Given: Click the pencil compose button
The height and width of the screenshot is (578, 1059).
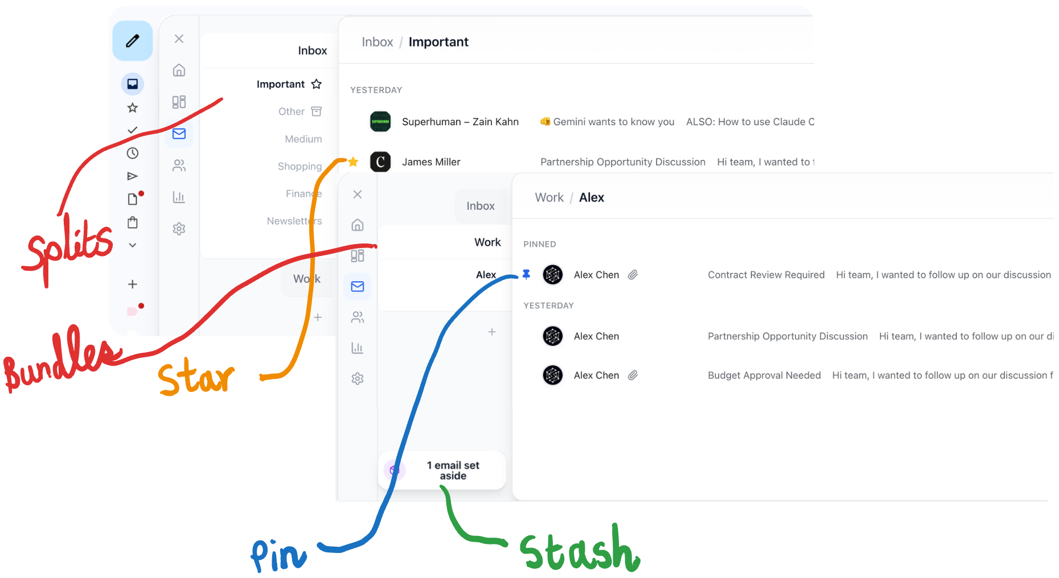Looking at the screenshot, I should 133,41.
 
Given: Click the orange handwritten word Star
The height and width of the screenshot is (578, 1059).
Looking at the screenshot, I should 195,378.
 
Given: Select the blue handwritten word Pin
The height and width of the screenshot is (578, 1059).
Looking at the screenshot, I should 279,555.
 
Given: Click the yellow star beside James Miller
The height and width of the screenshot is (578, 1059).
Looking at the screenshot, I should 353,162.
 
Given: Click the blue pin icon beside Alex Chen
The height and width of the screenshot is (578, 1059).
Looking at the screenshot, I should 527,275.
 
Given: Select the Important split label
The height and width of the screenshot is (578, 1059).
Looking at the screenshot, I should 281,84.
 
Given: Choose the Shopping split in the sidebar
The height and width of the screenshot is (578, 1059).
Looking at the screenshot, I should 299,166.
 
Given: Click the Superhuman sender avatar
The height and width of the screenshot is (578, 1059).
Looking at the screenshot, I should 380,122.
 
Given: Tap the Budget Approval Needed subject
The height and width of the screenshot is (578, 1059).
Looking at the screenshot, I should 764,375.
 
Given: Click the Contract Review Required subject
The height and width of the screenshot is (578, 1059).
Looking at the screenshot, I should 766,275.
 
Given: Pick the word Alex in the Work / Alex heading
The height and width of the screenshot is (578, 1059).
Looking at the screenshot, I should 592,197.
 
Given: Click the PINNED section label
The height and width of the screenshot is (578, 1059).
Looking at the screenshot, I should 540,244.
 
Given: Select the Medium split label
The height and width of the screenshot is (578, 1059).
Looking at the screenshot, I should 303,139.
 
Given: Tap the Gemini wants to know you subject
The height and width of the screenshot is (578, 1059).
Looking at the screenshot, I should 613,122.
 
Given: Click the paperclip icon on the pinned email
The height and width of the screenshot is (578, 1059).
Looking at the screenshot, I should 633,275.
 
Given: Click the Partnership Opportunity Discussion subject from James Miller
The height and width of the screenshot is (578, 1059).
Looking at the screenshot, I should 623,162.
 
